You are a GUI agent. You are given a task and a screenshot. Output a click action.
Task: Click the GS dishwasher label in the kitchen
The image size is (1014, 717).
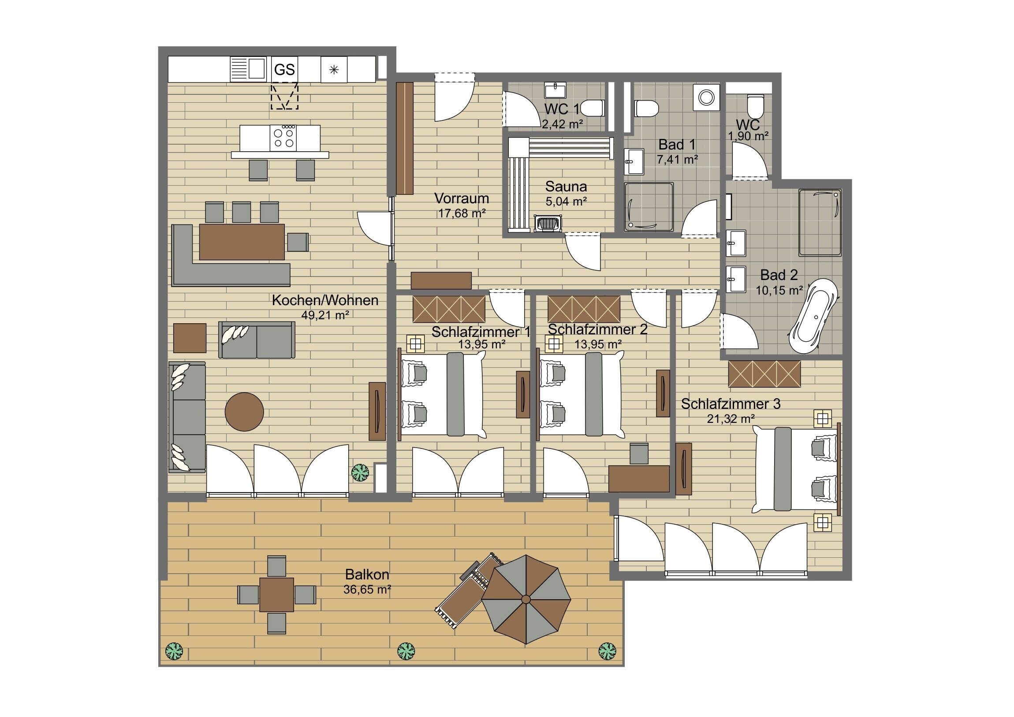tap(284, 70)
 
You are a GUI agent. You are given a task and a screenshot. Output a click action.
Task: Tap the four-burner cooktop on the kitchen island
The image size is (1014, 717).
tap(283, 138)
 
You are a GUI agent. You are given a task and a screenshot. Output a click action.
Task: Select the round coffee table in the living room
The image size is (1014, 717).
tap(244, 411)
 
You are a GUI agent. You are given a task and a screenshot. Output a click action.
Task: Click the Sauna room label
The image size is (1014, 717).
tap(566, 186)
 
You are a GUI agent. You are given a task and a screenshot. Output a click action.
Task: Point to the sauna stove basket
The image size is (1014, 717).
tap(548, 224)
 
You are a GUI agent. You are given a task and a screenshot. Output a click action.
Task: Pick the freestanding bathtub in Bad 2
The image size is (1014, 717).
tap(814, 316)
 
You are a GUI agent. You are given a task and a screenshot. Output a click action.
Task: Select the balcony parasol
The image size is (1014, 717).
tap(526, 599)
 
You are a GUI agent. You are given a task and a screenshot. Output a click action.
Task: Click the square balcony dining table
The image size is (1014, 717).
tap(276, 594)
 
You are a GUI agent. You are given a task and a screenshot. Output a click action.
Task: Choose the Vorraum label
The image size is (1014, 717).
tap(462, 198)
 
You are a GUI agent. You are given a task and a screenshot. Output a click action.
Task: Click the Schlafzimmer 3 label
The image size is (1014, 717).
tap(731, 404)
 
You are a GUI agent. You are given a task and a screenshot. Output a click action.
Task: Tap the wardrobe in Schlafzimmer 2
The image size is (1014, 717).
tap(584, 309)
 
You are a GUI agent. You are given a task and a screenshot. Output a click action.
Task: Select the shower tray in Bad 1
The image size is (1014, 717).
tap(649, 207)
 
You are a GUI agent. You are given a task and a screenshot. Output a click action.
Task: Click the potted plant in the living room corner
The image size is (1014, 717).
tap(360, 472)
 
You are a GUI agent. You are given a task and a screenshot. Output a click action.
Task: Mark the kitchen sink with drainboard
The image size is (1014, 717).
tap(247, 70)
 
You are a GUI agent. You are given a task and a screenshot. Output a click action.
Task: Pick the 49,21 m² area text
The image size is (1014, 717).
tap(325, 314)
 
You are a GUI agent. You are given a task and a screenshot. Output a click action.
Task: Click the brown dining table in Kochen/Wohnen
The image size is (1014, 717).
tap(242, 242)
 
